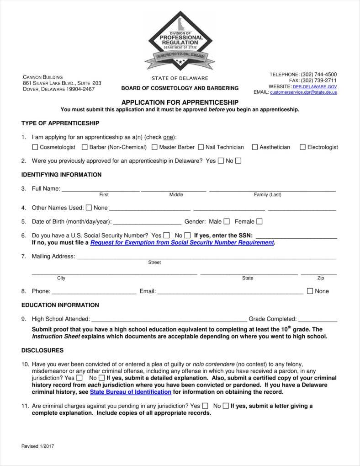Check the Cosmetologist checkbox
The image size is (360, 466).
[x=35, y=147]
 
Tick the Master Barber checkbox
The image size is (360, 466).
[x=154, y=147]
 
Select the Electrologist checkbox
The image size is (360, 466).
[x=302, y=147]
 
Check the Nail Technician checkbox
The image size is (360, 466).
[x=201, y=147]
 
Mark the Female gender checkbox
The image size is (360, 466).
[x=259, y=221]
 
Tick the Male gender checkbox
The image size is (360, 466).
[x=227, y=221]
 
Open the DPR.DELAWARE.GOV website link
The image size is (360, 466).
[x=315, y=86]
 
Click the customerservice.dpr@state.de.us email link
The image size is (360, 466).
[x=303, y=92]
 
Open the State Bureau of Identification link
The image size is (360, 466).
[x=131, y=392]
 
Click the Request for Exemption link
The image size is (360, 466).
[x=182, y=243]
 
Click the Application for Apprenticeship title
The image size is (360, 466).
[x=180, y=102]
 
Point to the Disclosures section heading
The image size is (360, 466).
[x=42, y=350]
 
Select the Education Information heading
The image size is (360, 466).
[x=60, y=305]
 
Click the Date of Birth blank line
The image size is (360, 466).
[x=147, y=222]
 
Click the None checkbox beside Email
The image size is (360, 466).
[x=310, y=291]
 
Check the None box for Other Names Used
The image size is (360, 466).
[x=89, y=208]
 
